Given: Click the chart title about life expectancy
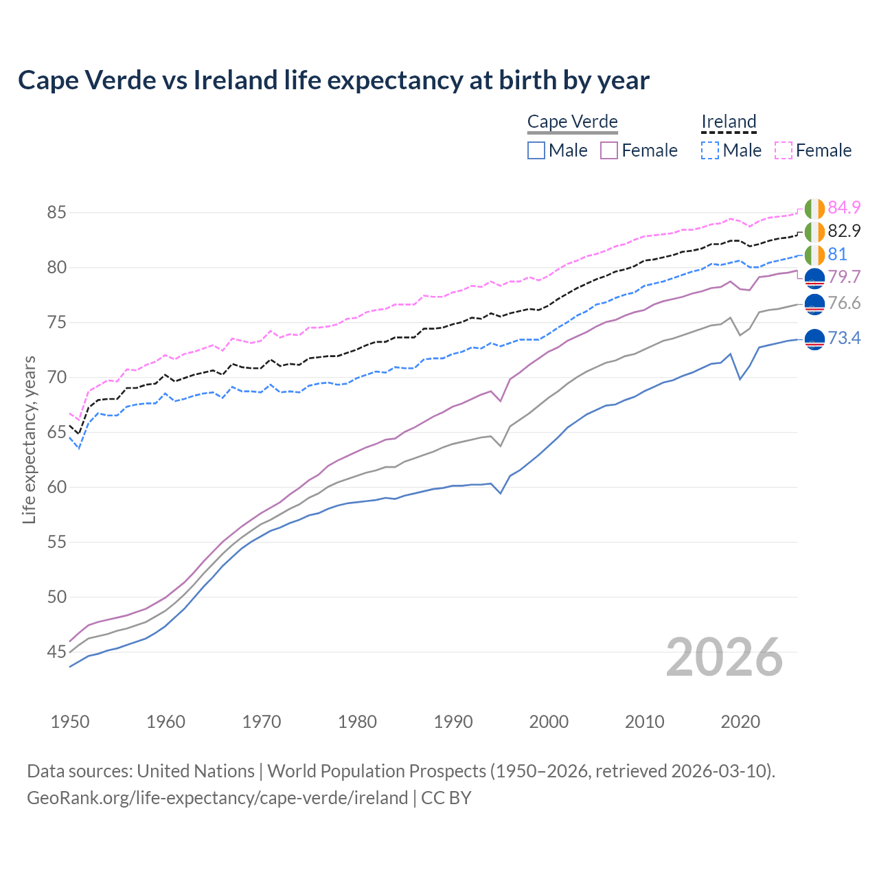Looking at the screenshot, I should point(334,80).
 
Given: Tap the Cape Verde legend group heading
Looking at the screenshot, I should point(573,122).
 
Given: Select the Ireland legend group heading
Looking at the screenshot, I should point(729,122).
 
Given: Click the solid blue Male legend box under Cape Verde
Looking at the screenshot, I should point(536,150).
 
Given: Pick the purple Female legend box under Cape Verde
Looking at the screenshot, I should point(609,150).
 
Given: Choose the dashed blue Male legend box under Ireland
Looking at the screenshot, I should point(710,150).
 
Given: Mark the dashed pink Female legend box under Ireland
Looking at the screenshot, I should point(784,150).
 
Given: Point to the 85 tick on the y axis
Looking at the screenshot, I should point(56,213).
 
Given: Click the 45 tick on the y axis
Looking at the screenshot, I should point(56,652).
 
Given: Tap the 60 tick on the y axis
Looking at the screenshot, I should point(56,488).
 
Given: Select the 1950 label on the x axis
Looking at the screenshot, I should point(70,722).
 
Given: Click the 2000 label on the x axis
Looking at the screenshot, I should point(549,722).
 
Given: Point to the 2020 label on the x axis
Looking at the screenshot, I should point(740,722).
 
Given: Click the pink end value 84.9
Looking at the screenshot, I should point(844,207).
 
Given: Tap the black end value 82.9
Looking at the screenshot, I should point(844,231).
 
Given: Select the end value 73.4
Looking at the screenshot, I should point(844,338).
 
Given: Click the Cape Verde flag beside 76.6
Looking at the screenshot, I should point(814,304).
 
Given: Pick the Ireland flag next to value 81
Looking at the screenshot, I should point(814,255).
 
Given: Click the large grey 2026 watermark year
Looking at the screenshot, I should point(724,657).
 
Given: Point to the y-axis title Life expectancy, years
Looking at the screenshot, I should point(30,439).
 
